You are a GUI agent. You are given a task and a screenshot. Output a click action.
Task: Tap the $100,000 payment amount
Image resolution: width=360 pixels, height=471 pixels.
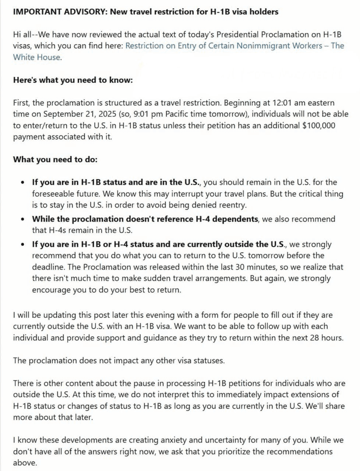click(x=319, y=125)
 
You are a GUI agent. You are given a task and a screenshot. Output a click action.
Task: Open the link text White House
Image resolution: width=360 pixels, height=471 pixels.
click(x=36, y=57)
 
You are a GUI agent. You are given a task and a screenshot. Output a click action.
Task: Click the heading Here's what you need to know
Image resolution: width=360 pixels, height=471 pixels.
click(x=73, y=80)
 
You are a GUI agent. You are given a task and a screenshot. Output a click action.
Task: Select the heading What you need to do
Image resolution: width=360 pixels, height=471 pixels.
click(x=55, y=159)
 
